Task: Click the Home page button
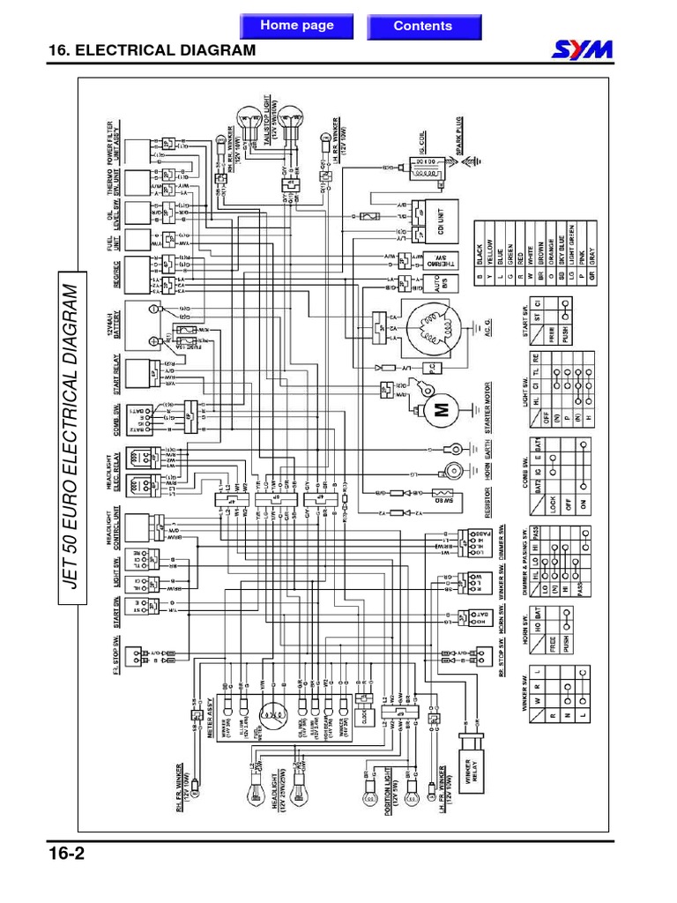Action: coord(296,26)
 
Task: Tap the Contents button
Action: coord(422,26)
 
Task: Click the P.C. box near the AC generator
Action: coord(431,366)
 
